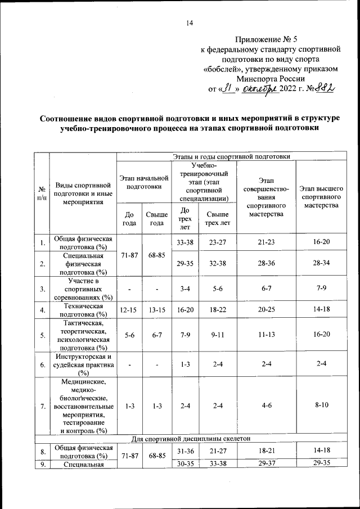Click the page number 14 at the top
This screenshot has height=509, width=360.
(x=190, y=23)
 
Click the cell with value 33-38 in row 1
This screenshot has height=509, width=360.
(x=185, y=243)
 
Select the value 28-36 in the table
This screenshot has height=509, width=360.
(x=266, y=264)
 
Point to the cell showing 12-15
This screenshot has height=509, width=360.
(x=129, y=310)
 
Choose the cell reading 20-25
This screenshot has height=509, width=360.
(x=266, y=310)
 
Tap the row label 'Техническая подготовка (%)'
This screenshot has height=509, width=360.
(x=84, y=310)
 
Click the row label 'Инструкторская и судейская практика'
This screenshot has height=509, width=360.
(x=84, y=364)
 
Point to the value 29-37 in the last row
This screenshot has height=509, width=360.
(x=266, y=465)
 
